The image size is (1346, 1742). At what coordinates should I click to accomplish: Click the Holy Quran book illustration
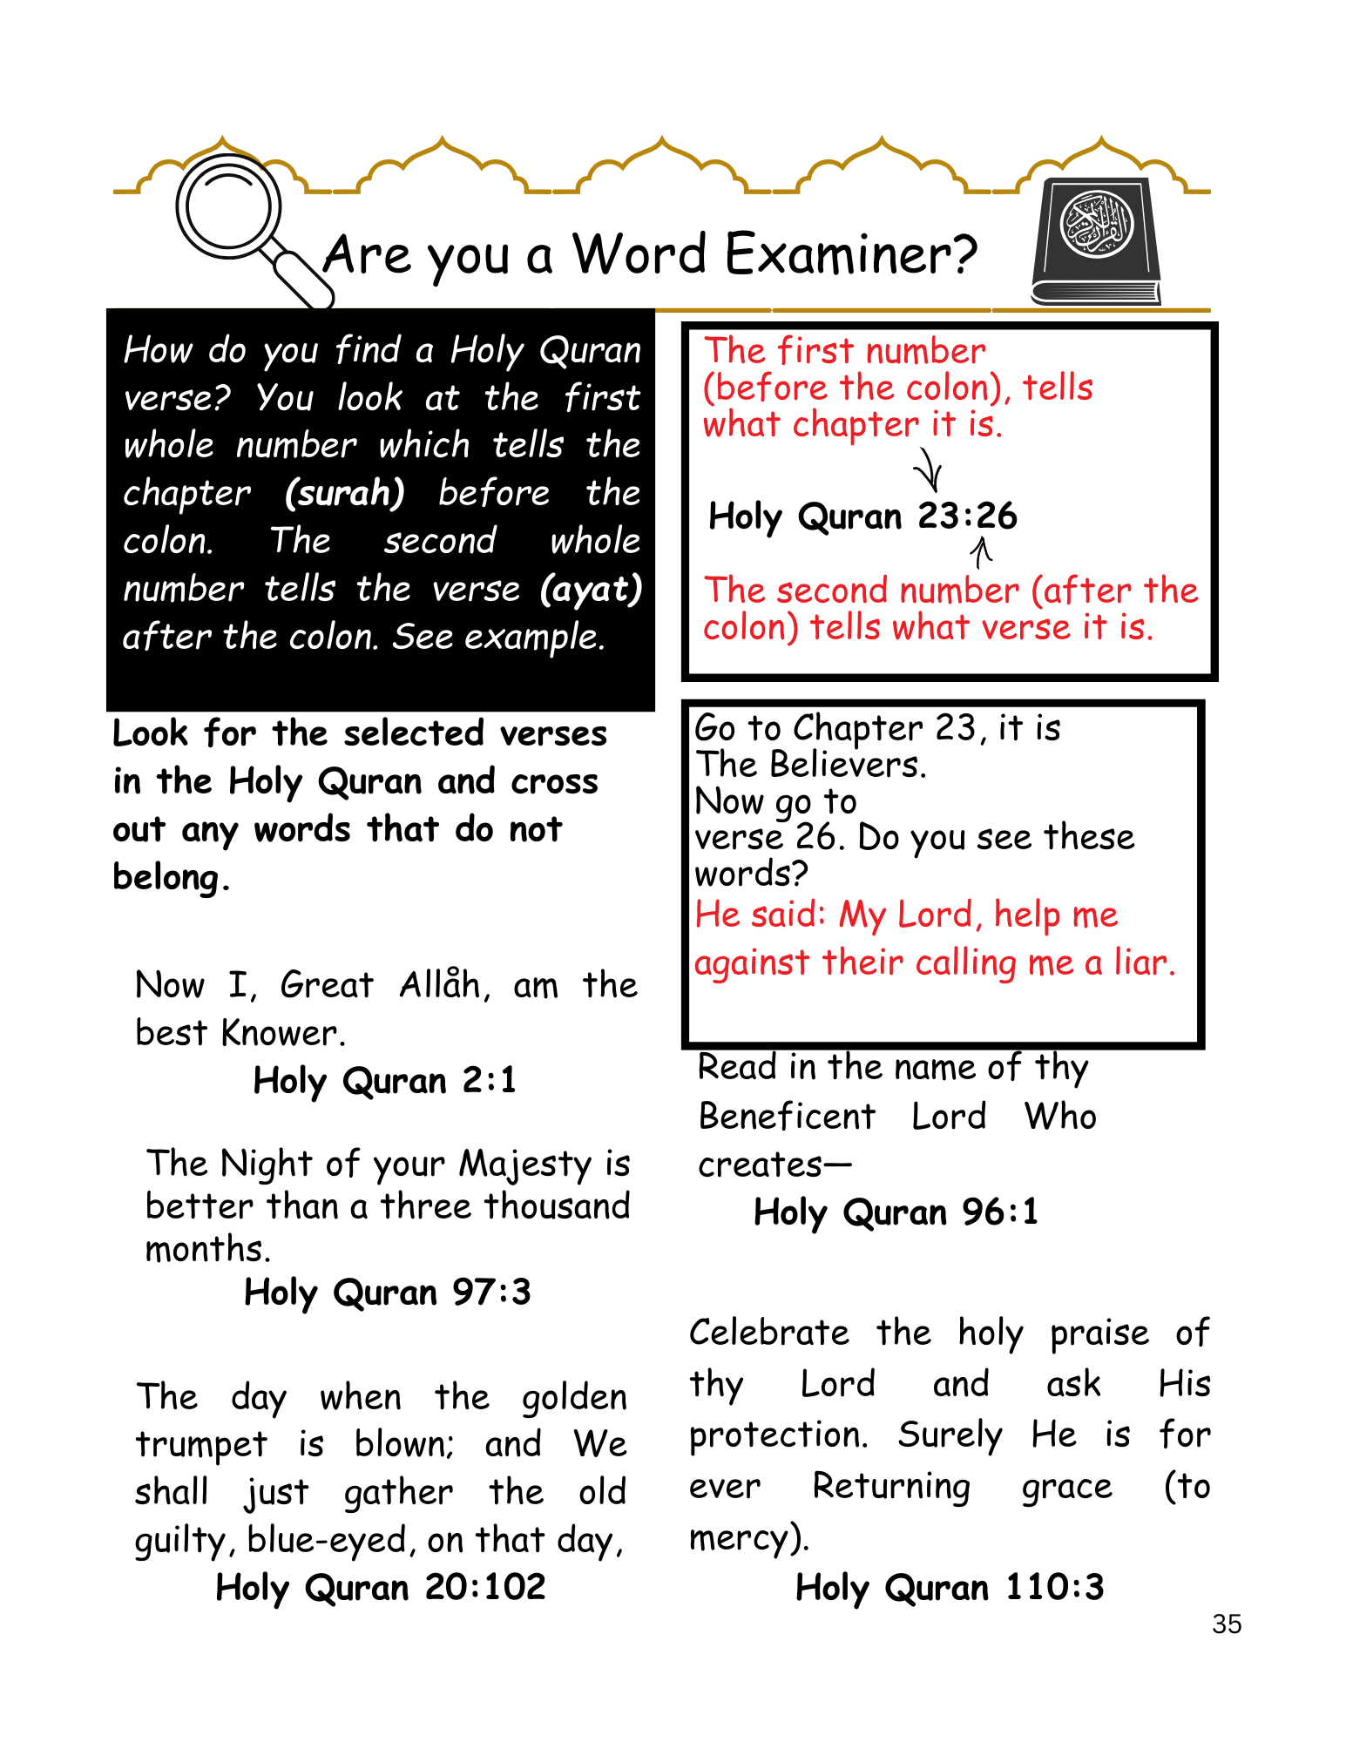click(1097, 241)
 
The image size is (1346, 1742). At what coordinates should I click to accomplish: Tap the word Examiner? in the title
click(851, 255)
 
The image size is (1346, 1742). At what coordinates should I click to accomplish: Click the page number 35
click(1226, 1624)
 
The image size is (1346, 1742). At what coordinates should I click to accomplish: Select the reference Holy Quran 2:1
click(384, 1081)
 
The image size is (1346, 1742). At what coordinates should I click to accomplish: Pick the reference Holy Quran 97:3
click(387, 1293)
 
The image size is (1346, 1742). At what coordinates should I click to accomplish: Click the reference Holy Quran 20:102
click(381, 1587)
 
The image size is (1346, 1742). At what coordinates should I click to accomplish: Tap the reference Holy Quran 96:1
click(896, 1212)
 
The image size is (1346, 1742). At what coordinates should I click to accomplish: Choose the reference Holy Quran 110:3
click(950, 1587)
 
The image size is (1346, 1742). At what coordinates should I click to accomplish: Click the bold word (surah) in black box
click(345, 494)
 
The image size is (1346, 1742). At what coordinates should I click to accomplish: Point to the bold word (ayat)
click(591, 590)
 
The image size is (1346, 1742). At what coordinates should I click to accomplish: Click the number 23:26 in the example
click(967, 517)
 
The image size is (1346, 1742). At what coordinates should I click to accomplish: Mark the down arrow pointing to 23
click(929, 470)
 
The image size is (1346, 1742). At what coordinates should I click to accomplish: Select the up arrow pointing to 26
click(982, 551)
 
